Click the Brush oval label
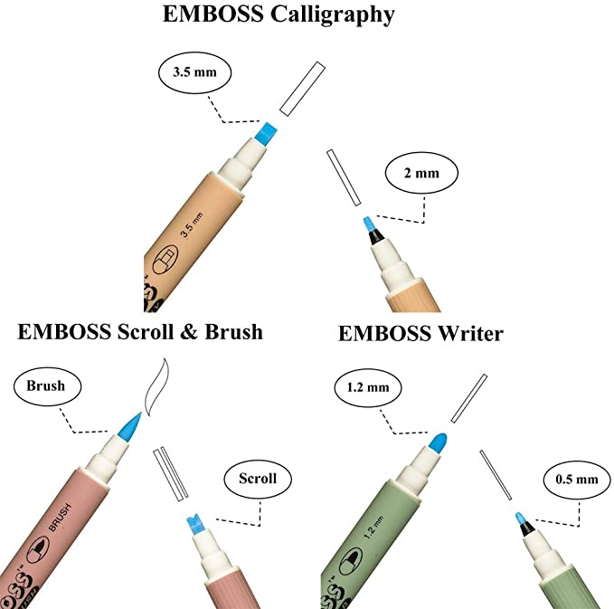tap(47, 386)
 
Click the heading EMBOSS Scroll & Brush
tap(140, 331)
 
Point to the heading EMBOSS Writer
tap(420, 333)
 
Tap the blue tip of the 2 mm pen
tap(368, 223)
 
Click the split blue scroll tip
tap(193, 523)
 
